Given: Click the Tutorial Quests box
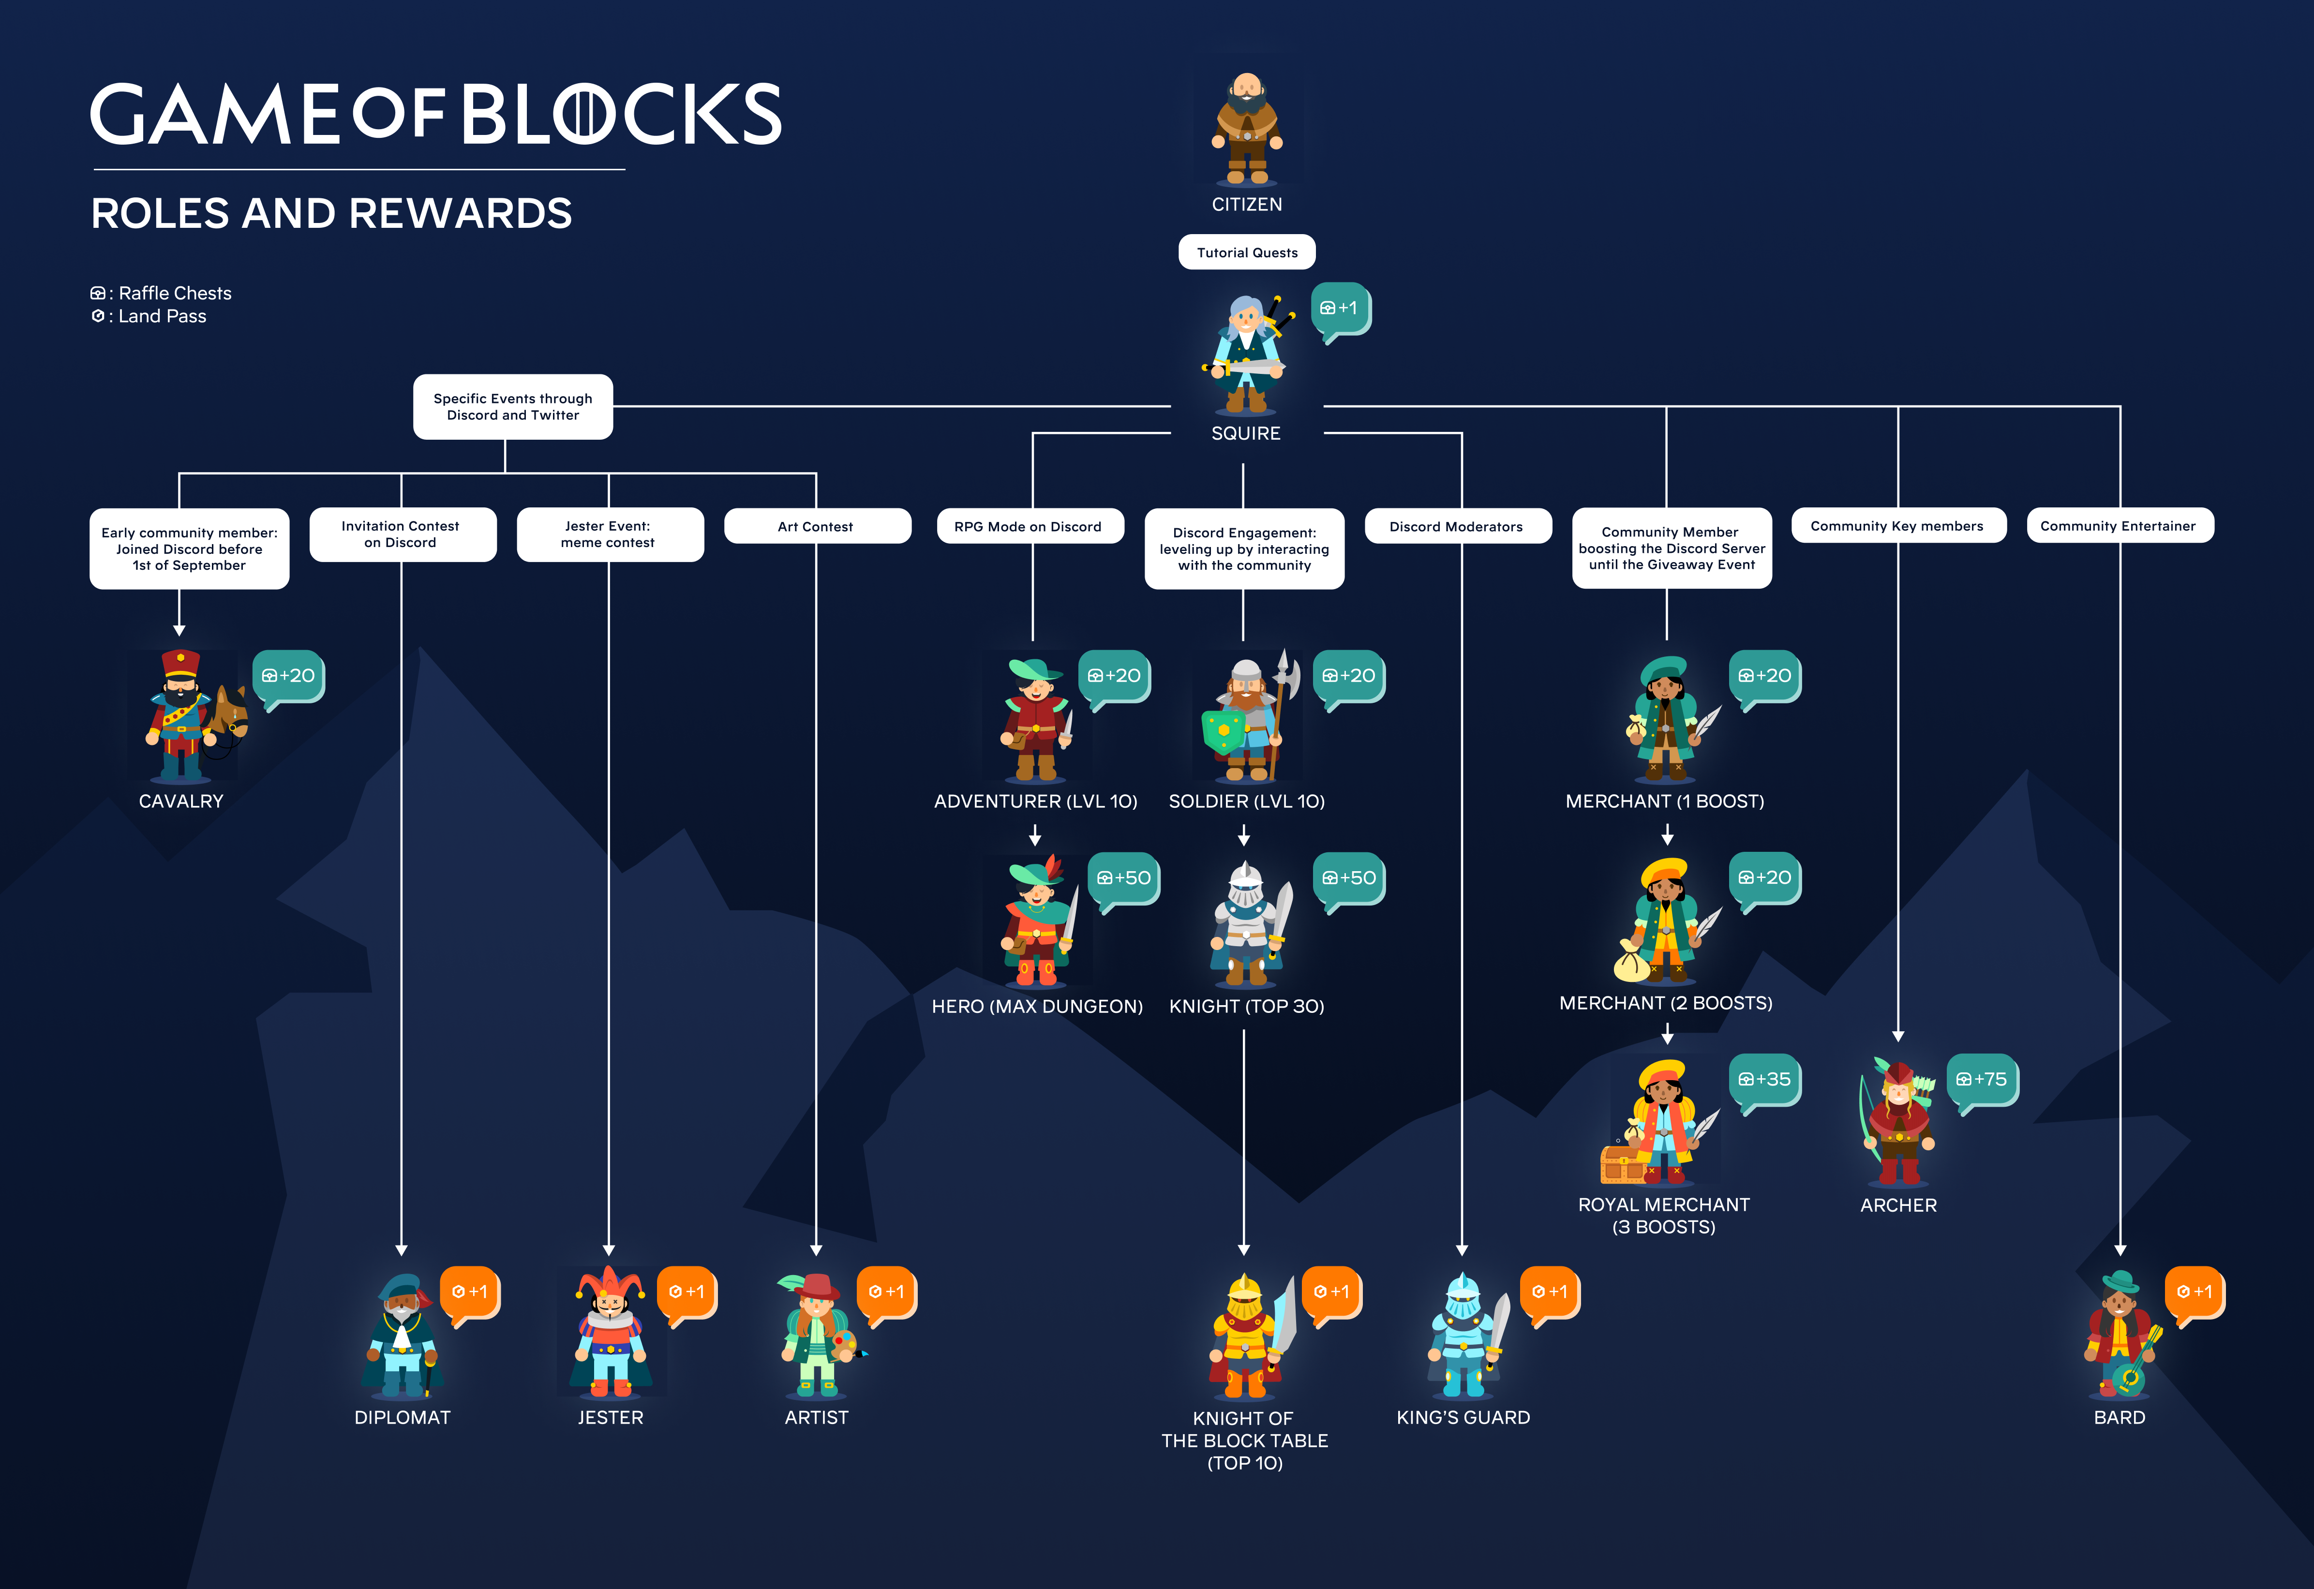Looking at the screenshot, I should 1247,252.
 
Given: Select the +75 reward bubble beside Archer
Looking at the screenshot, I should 1982,1080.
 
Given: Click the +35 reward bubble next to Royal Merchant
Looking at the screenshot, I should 1764,1080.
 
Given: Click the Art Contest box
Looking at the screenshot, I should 817,526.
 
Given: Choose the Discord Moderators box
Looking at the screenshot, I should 1457,526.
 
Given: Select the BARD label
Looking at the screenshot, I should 2119,1417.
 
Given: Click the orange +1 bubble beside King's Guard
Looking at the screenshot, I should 1549,1292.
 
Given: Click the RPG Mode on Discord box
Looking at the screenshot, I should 1029,526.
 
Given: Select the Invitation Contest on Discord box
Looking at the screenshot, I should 401,534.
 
